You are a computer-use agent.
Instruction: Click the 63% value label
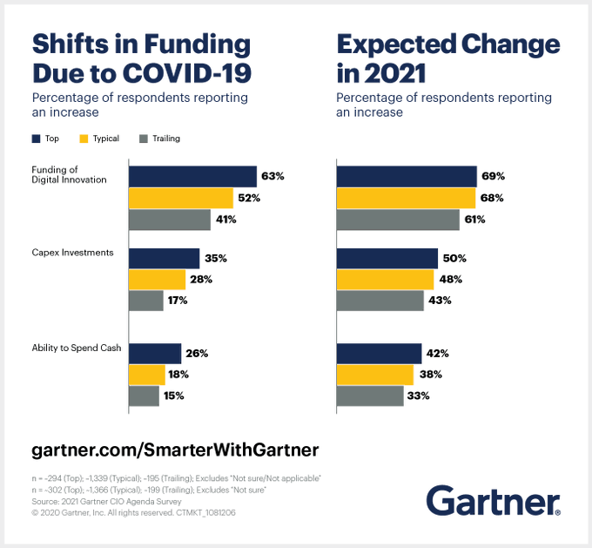pos(272,176)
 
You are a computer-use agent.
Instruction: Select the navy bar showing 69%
pos(406,176)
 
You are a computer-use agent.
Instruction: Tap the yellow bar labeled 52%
pos(180,198)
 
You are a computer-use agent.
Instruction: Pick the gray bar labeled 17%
pos(145,301)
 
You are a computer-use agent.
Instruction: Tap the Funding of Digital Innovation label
pos(70,174)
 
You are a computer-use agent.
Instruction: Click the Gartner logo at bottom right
pos(493,502)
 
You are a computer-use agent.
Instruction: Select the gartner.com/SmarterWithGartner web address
pos(175,450)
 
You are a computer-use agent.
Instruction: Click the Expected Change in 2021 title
pos(447,57)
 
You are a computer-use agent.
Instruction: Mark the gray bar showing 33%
pos(370,396)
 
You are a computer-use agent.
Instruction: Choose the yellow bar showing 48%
pos(385,280)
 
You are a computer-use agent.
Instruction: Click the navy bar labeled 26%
pos(155,354)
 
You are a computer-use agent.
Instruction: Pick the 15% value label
pos(173,396)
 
